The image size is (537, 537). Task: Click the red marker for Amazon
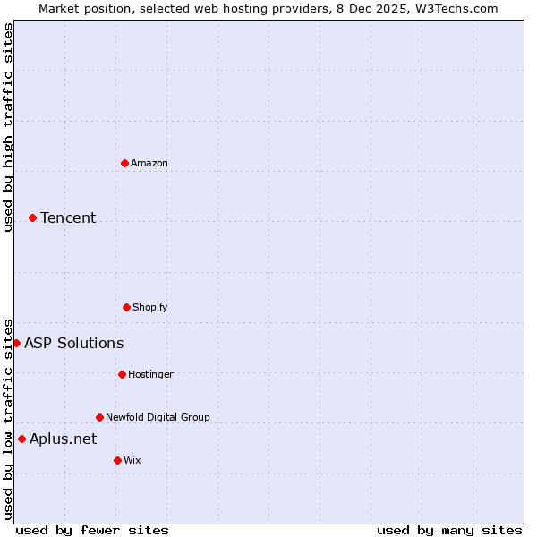pos(125,163)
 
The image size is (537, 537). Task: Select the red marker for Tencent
pos(32,217)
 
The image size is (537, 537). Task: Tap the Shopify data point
pos(126,307)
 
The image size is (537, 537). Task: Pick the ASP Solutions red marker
pos(16,343)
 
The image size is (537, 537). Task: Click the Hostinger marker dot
pos(122,374)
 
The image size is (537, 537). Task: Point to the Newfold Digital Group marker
pos(99,417)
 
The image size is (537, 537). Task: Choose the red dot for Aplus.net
pos(21,439)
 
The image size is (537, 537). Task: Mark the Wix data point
pos(117,460)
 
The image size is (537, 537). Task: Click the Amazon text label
pos(149,163)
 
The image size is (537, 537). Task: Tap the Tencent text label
pos(68,217)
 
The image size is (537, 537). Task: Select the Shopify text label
pos(150,307)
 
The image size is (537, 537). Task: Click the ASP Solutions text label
pos(74,343)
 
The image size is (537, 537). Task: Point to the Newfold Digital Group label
pos(158,417)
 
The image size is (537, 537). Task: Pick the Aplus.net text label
pos(63,439)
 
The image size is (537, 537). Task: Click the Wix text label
pos(132,460)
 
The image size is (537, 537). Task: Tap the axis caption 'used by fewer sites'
pos(92,530)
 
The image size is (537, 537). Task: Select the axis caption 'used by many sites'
pos(449,530)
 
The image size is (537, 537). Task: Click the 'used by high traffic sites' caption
pos(8,127)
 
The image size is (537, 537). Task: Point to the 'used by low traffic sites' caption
pos(8,419)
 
